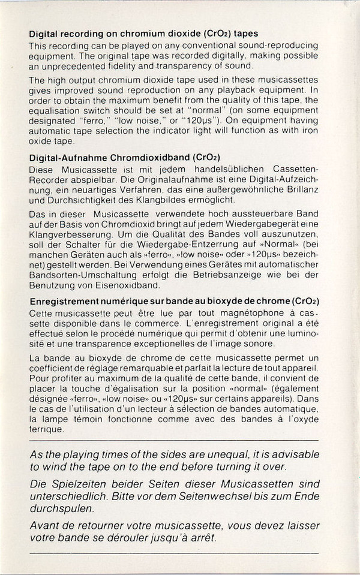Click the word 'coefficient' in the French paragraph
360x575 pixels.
coord(53,368)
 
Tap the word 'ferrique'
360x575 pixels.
coord(46,430)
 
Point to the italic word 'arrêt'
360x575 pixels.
coord(203,538)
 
